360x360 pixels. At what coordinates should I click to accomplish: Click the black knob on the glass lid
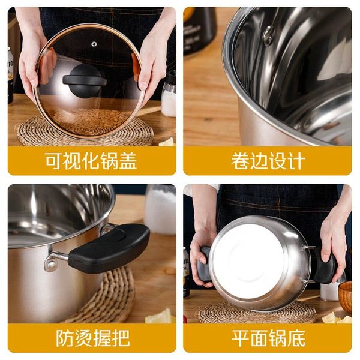pos(85,80)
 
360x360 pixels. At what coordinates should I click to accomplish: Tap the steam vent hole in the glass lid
pos(94,44)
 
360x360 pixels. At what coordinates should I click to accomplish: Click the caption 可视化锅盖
pos(91,161)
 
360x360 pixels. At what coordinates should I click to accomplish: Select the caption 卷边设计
pos(268,161)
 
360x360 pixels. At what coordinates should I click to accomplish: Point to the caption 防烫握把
pos(93,338)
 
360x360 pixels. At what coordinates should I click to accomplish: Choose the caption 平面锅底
pos(268,338)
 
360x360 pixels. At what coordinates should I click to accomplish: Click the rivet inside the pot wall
pos(269,35)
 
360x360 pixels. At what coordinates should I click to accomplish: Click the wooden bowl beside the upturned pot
pos(345,296)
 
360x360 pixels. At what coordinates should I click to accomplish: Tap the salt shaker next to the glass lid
pos(169,94)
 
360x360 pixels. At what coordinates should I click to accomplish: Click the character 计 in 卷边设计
pos(296,161)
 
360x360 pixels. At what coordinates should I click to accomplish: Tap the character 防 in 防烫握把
pos(65,338)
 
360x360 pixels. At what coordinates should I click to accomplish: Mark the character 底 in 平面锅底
pos(296,338)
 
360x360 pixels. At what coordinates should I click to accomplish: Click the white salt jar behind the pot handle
pos(160,209)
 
